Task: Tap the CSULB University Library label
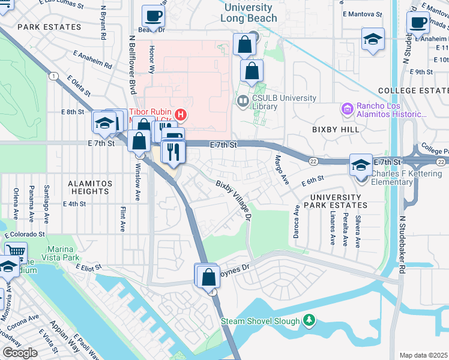point(284,102)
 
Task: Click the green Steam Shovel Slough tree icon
point(309,320)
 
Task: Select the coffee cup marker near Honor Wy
point(152,17)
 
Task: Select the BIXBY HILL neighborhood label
point(336,129)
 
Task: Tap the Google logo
point(20,353)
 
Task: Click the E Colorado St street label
point(25,235)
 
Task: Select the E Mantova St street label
point(362,13)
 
